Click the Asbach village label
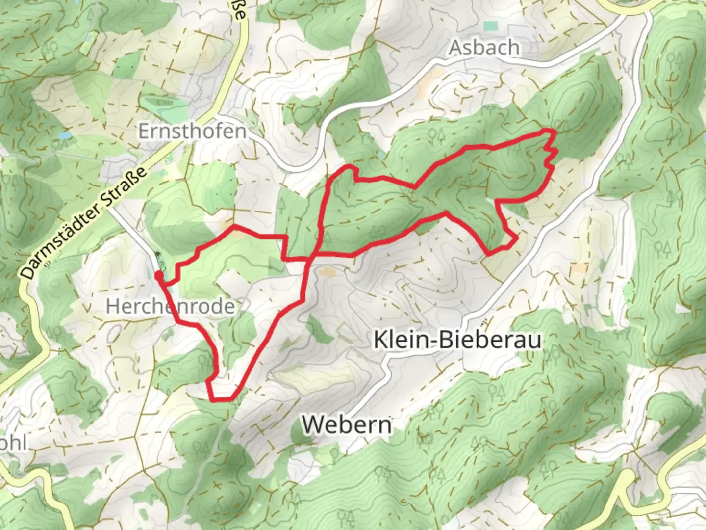tap(484, 48)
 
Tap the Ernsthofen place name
tap(192, 131)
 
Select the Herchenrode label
tap(170, 306)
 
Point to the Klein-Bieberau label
tap(457, 340)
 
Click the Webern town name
tap(347, 424)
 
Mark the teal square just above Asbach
tap(490, 26)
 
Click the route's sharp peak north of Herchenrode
tap(233, 226)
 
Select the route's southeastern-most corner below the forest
tap(488, 255)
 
